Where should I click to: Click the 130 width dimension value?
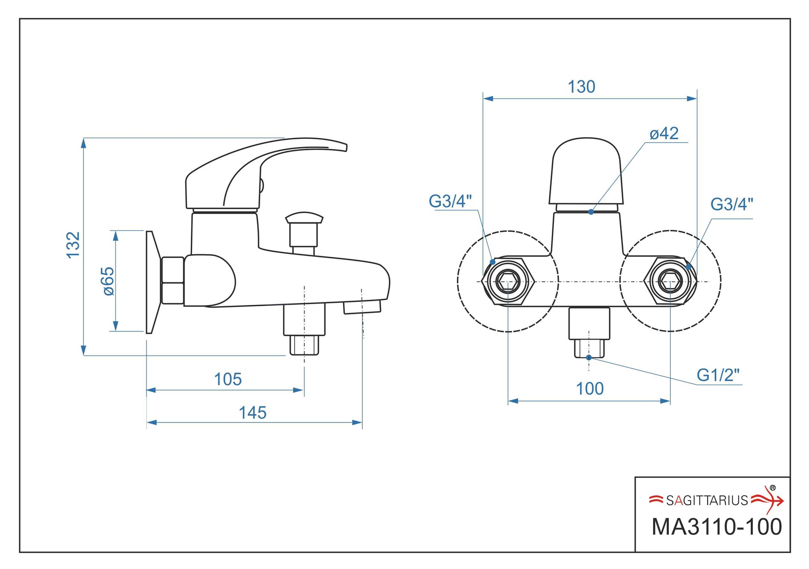click(581, 87)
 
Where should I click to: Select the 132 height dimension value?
click(73, 245)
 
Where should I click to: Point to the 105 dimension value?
click(228, 379)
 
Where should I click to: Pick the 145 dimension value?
click(252, 413)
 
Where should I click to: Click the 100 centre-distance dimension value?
click(590, 388)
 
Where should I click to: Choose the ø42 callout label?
click(664, 134)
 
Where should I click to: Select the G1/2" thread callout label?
click(718, 375)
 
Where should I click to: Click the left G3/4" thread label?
click(450, 201)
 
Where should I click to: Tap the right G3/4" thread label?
click(732, 204)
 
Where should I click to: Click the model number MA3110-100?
click(717, 527)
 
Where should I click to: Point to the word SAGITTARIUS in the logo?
click(707, 500)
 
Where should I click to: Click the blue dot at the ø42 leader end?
click(591, 212)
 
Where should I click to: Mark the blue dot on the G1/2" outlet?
click(589, 357)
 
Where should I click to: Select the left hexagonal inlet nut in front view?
click(508, 281)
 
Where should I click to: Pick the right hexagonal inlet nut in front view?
click(671, 281)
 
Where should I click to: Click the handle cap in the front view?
click(586, 171)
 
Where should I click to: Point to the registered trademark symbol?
click(773, 488)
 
